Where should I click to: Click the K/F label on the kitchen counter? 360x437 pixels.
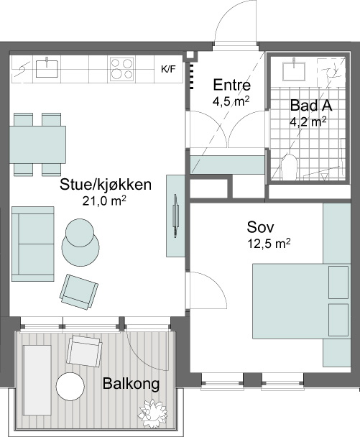tap(168, 69)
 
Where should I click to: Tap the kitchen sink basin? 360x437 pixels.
tap(47, 68)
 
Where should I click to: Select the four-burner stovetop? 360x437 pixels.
tap(121, 69)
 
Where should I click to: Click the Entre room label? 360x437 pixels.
tap(232, 85)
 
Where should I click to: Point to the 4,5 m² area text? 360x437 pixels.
tap(231, 101)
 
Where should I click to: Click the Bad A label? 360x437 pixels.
tap(311, 106)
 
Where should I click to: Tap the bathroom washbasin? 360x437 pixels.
tap(294, 71)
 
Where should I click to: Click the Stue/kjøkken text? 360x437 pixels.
tap(106, 185)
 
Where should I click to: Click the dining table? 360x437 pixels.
tap(37, 144)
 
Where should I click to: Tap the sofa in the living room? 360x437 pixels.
tap(33, 244)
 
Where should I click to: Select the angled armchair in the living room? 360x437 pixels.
tap(79, 292)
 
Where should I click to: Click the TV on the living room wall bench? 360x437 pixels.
tap(175, 216)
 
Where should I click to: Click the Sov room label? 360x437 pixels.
tap(260, 227)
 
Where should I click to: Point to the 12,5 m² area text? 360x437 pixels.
tap(269, 244)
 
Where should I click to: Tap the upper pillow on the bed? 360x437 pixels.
tap(338, 282)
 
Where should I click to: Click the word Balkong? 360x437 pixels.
tap(131, 384)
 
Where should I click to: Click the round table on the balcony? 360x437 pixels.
tap(70, 386)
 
